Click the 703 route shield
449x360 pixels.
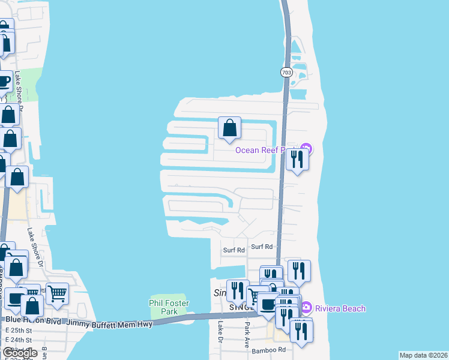(x=285, y=72)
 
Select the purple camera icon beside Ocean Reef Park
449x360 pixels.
(x=306, y=148)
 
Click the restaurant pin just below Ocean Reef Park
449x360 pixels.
(x=297, y=160)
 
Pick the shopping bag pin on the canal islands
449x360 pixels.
(x=229, y=128)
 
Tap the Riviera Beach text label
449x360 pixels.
(x=339, y=308)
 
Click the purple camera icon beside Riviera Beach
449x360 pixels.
(x=307, y=308)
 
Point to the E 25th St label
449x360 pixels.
(x=18, y=331)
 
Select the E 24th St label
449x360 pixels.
(x=18, y=340)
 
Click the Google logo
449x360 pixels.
(x=19, y=352)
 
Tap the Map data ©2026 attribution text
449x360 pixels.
(x=424, y=355)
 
